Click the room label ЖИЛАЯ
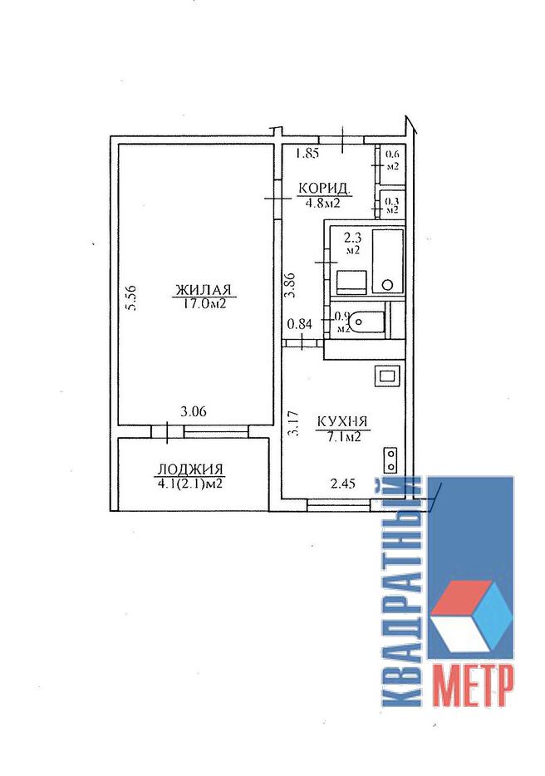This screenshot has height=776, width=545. click(204, 289)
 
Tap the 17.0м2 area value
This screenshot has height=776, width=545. click(204, 303)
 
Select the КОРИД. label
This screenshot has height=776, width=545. click(324, 189)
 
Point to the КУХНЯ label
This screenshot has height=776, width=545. click(342, 422)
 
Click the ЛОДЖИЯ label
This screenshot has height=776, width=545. click(190, 469)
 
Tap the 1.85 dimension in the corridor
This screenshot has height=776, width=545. click(307, 154)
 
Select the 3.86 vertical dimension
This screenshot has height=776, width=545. click(292, 285)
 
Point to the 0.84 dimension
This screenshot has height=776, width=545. click(300, 325)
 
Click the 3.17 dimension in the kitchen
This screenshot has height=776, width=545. click(293, 423)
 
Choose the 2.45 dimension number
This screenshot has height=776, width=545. click(343, 484)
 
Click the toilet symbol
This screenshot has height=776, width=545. click(367, 322)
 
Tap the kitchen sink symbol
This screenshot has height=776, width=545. click(387, 376)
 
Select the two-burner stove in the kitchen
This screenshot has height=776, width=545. click(391, 460)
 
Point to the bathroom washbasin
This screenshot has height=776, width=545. click(351, 282)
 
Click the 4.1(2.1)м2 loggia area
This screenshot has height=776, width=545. click(190, 483)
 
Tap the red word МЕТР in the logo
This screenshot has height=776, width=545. click(473, 685)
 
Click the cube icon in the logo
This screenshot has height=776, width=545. click(472, 616)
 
